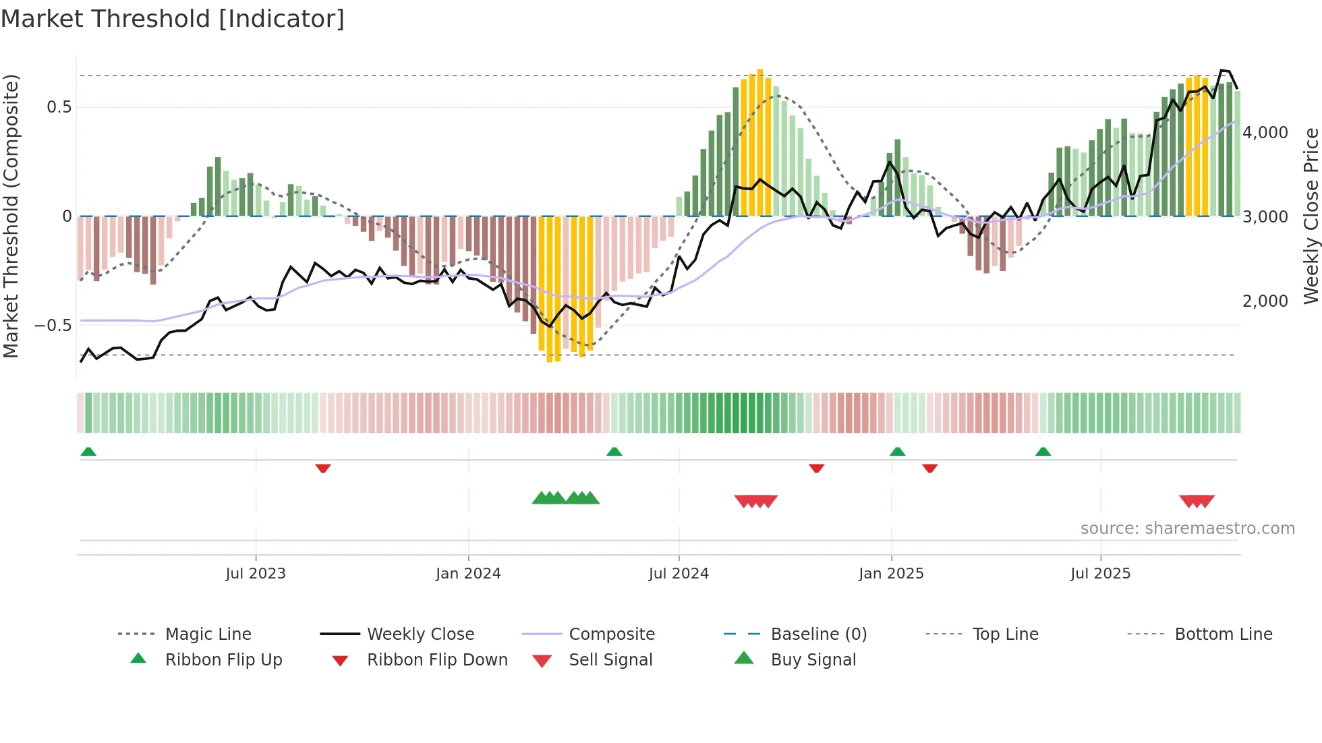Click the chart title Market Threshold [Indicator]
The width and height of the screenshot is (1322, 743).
[x=173, y=19]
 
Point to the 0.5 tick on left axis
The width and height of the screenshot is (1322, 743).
[x=59, y=107]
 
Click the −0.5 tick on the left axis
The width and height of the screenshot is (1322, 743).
[x=53, y=326]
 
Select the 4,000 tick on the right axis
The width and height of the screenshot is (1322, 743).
[x=1265, y=133]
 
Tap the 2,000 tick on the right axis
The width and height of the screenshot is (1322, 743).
[x=1265, y=301]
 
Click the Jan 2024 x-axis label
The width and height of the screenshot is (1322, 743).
[x=468, y=574]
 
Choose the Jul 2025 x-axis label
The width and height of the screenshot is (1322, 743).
[x=1100, y=574]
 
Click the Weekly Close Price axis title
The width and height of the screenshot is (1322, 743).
[x=1311, y=216]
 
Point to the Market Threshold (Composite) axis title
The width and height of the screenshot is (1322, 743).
[x=11, y=216]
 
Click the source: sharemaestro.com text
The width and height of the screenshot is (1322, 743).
[x=1187, y=529]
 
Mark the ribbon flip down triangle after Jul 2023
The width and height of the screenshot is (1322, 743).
[x=323, y=468]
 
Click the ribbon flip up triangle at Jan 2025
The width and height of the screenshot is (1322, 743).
[x=897, y=452]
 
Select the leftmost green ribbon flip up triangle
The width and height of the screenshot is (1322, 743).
[x=88, y=452]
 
